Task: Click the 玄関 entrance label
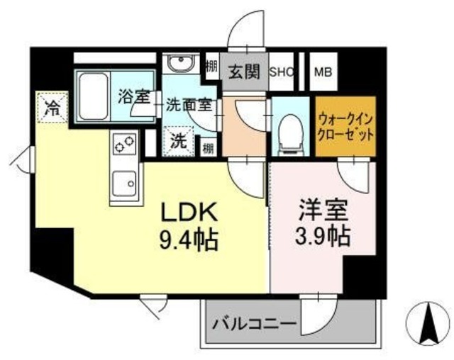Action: click(x=243, y=72)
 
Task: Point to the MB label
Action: click(x=323, y=72)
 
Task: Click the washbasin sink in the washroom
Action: click(x=179, y=66)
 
